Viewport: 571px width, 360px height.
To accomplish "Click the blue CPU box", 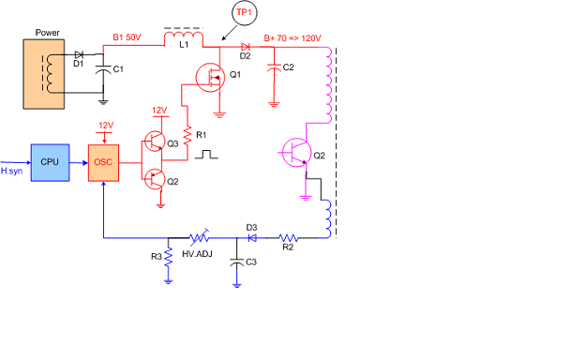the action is tap(50, 162).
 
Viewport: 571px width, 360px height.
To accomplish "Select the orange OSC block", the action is tap(103, 163).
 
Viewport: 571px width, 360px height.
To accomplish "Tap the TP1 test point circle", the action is tap(244, 13).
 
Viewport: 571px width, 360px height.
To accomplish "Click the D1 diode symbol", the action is tap(79, 55).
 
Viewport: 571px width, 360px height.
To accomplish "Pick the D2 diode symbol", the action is tap(246, 47).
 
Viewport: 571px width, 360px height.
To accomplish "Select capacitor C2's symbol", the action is tap(274, 68).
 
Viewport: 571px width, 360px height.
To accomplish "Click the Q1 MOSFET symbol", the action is tap(210, 77).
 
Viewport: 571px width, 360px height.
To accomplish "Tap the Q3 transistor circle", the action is tap(155, 142).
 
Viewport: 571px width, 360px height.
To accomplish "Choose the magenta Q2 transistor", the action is tap(296, 153).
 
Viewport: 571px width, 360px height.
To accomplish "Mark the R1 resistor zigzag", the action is tap(188, 135).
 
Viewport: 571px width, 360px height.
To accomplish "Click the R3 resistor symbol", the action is tap(168, 257).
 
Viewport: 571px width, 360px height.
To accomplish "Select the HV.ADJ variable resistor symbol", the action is tap(199, 238).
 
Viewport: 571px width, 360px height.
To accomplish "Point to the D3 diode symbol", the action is tap(251, 238).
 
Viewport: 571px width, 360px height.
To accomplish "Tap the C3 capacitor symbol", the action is tap(236, 262).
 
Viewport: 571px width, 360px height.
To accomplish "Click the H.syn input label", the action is tap(11, 171).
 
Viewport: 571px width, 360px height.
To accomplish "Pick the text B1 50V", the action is tap(127, 37).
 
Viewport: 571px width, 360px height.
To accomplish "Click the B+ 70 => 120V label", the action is tap(293, 38).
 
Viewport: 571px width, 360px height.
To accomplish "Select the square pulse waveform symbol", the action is tap(206, 155).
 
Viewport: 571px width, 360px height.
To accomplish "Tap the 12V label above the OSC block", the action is tap(106, 126).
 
